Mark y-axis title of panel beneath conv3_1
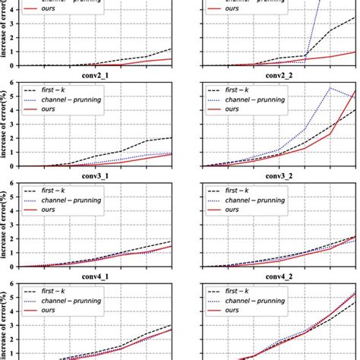(x=6, y=225)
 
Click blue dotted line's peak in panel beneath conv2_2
(x=329, y=88)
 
